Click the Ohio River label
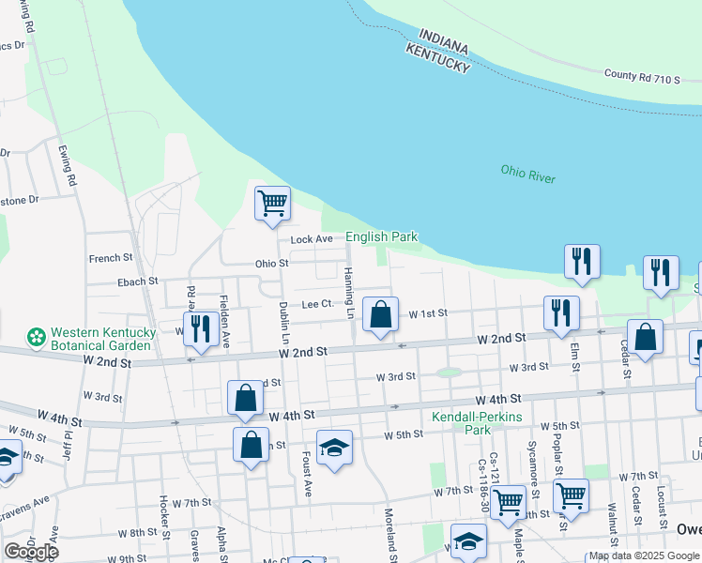point(527,174)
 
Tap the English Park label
point(381,237)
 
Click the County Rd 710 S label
point(642,77)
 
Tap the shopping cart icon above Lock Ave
point(272,203)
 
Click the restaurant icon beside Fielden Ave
point(200,327)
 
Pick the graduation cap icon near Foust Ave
point(333,447)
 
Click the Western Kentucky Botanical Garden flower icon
point(37,335)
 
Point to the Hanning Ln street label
point(348,292)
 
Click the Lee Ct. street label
point(317,304)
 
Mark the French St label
point(111,258)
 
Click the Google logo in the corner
point(31,552)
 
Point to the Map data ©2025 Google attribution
point(643,555)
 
